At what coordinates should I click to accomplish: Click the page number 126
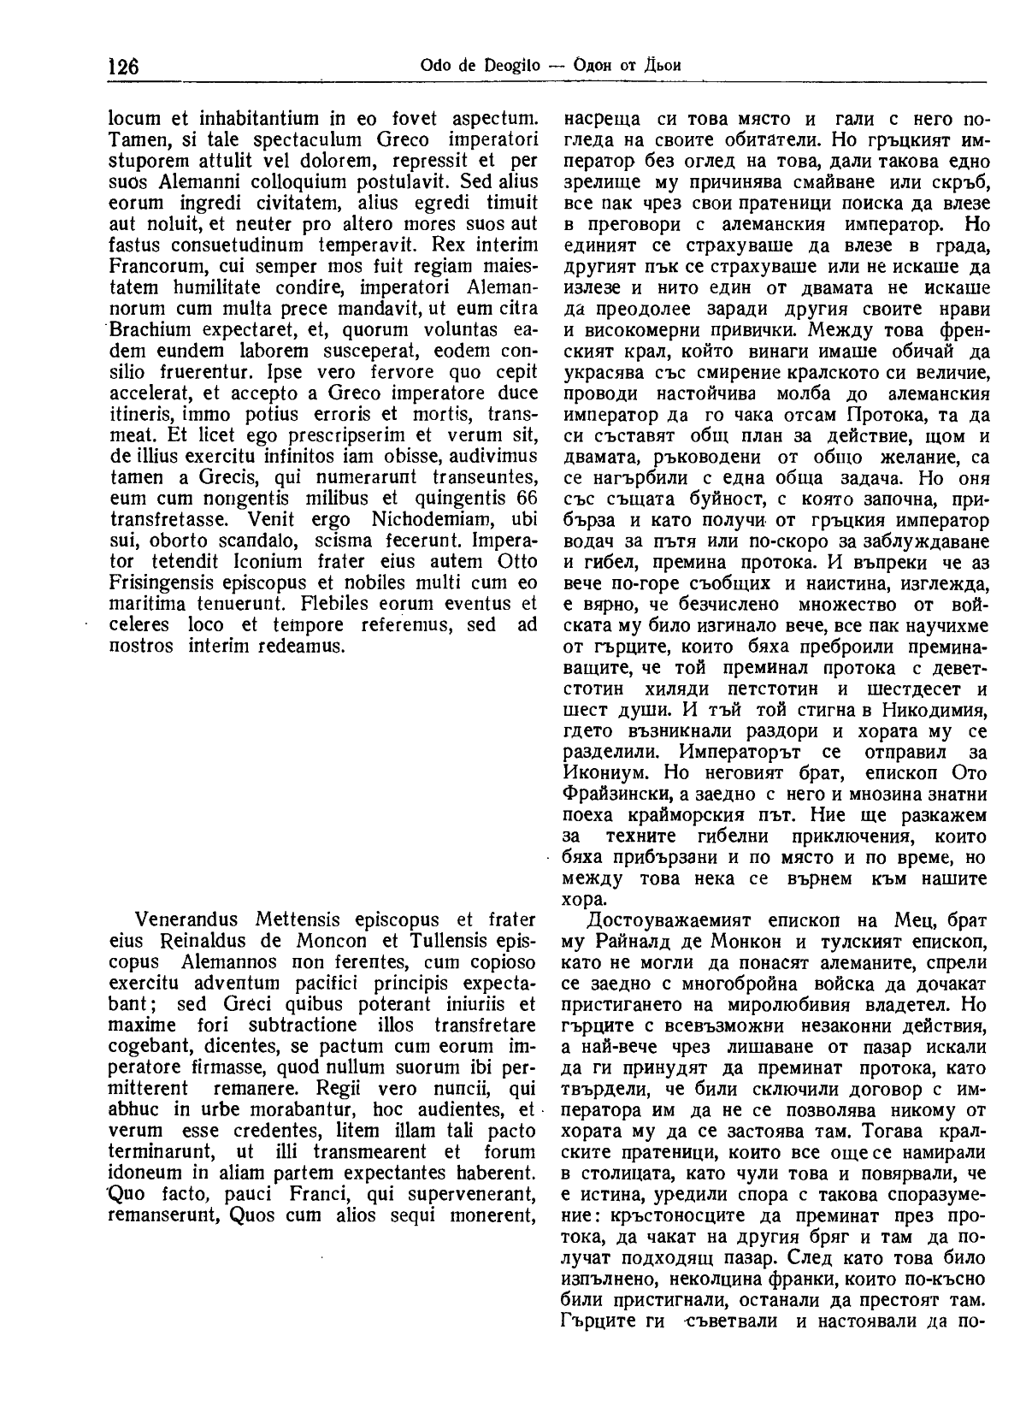(124, 67)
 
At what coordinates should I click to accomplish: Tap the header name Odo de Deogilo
(467, 66)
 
